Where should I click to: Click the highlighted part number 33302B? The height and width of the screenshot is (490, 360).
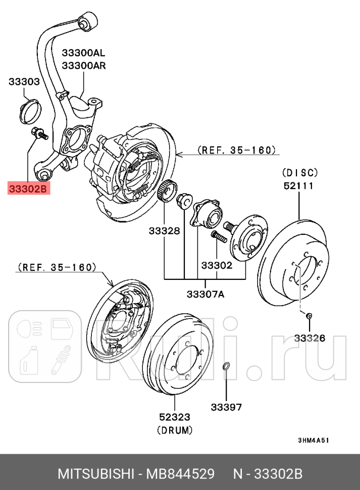29,189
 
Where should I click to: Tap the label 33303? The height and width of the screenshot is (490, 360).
24,81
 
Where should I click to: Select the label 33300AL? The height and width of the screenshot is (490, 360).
83,52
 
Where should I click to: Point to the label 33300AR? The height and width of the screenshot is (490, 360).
83,65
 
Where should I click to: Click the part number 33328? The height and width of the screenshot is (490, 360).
164,231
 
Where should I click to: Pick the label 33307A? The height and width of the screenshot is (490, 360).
204,294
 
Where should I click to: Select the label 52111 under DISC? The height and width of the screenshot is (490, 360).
298,185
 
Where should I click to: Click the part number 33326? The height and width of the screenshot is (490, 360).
310,338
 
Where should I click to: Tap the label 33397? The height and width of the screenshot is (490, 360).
226,407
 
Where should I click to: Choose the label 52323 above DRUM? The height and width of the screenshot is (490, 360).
175,417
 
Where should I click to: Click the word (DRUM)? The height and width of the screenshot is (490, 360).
175,430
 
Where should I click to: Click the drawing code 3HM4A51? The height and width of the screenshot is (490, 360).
313,440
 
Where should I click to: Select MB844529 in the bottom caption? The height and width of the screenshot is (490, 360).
180,474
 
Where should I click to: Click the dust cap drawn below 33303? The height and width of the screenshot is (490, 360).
29,112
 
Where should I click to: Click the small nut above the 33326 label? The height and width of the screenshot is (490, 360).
309,316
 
